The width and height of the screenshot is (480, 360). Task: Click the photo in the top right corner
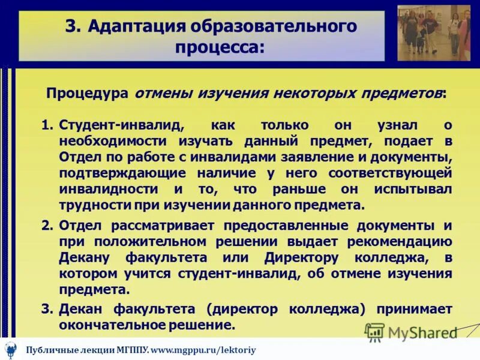pyautogui.click(x=434, y=32)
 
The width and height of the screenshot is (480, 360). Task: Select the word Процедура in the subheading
pyautogui.click(x=88, y=94)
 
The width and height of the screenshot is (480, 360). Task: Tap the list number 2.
pyautogui.click(x=47, y=226)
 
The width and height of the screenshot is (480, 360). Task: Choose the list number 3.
pyautogui.click(x=47, y=309)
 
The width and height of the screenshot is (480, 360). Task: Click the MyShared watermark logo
pyautogui.click(x=411, y=332)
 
